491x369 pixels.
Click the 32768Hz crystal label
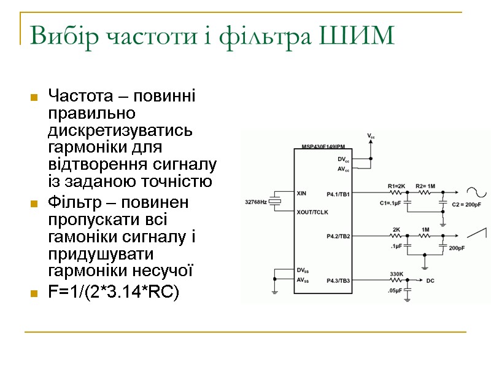click(255, 201)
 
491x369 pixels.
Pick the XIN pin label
click(301, 193)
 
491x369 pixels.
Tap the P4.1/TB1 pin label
click(339, 194)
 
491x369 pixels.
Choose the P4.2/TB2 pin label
click(339, 236)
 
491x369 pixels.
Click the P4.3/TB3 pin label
click(339, 280)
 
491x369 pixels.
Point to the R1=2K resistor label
click(396, 185)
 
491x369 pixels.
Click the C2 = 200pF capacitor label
click(465, 204)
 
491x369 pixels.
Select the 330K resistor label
click(396, 274)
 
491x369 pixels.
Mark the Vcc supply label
click(371, 135)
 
